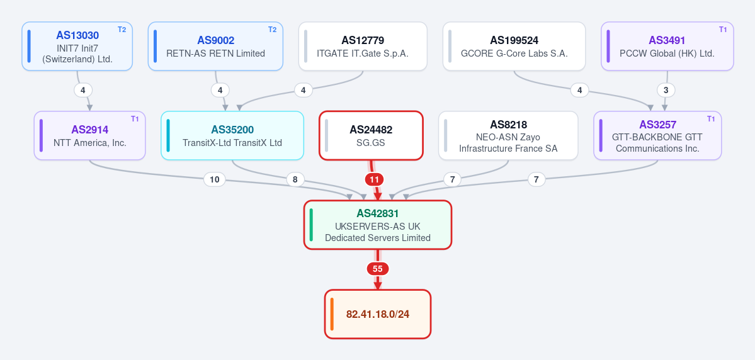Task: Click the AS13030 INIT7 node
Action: click(77, 46)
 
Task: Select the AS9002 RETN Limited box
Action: click(215, 46)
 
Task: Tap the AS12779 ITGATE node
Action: click(363, 46)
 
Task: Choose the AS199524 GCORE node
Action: click(514, 46)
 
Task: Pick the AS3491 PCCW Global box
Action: click(667, 46)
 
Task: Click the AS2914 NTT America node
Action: click(89, 136)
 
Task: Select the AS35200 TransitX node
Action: click(232, 136)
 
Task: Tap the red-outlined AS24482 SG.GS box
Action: click(371, 136)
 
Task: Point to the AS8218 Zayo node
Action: click(508, 136)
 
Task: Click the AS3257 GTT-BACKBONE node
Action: click(657, 136)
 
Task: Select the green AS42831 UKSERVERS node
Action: click(378, 225)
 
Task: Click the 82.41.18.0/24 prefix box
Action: click(378, 314)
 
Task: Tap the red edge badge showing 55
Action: click(378, 269)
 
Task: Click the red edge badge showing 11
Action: click(374, 179)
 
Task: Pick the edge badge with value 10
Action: click(215, 179)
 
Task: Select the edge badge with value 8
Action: click(295, 179)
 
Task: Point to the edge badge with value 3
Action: click(666, 90)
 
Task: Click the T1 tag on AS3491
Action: click(723, 30)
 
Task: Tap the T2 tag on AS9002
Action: click(272, 30)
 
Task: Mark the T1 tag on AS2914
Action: click(135, 119)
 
